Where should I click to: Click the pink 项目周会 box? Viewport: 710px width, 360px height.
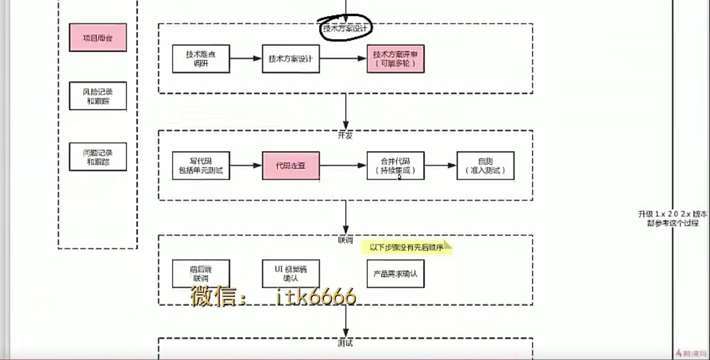(98, 37)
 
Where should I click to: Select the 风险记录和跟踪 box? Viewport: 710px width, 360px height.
(98, 96)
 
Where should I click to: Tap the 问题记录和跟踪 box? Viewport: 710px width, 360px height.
(98, 157)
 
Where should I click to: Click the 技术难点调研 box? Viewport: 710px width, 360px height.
(201, 59)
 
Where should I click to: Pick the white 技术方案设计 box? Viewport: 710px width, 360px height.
(291, 59)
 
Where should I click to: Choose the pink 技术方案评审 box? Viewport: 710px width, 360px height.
(396, 59)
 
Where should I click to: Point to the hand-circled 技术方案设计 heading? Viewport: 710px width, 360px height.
(346, 28)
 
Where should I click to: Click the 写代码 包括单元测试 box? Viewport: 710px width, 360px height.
(201, 166)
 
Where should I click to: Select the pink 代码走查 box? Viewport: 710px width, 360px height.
(291, 166)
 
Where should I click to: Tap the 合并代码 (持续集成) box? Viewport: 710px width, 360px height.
(396, 166)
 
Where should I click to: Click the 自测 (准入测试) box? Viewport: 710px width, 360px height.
(485, 166)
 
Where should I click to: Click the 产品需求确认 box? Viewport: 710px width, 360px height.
(396, 273)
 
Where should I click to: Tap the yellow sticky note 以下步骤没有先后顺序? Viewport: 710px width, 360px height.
(406, 247)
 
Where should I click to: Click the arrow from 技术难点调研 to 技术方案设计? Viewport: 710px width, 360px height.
(246, 59)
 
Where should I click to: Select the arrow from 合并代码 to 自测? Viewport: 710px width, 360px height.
(440, 166)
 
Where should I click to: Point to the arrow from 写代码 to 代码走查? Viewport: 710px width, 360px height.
(246, 166)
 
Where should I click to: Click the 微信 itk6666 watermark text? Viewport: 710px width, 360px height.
(273, 297)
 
